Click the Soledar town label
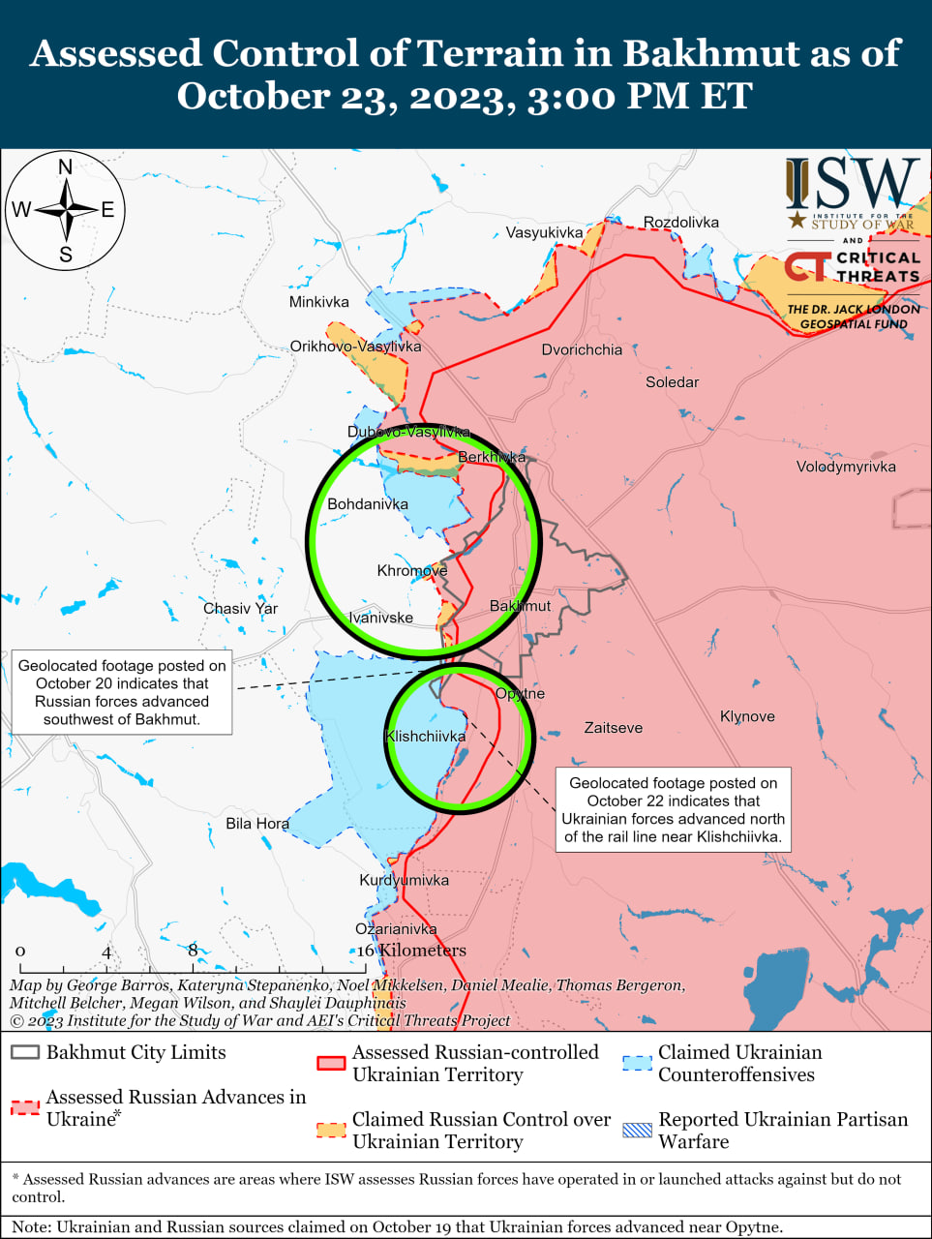pos(672,382)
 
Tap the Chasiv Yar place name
pos(240,609)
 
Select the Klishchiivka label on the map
pos(425,737)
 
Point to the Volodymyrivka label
pos(846,467)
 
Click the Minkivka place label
pos(318,302)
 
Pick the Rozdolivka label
pos(681,223)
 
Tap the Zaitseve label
pos(613,728)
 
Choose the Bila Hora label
pos(257,824)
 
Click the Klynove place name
pos(747,716)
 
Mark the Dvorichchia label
pos(582,349)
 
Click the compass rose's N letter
pos(66,166)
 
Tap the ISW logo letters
pos(852,184)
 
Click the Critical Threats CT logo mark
pos(807,266)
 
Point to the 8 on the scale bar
pos(193,950)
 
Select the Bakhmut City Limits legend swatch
pos(25,1052)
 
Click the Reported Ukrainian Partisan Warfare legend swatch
pos(637,1130)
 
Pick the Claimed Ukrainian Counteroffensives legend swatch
pos(637,1063)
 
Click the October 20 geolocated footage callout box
pos(122,692)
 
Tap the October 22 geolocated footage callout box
pos(673,809)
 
